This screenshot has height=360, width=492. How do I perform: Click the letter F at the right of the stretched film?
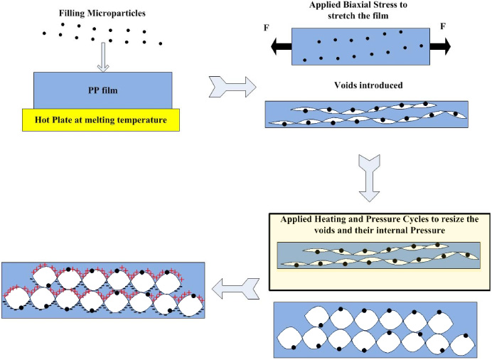click(x=443, y=26)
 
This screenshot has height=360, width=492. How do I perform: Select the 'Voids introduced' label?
click(x=368, y=85)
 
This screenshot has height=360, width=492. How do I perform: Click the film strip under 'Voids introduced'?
click(x=366, y=115)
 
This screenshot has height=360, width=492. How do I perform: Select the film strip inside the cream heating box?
click(x=376, y=257)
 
